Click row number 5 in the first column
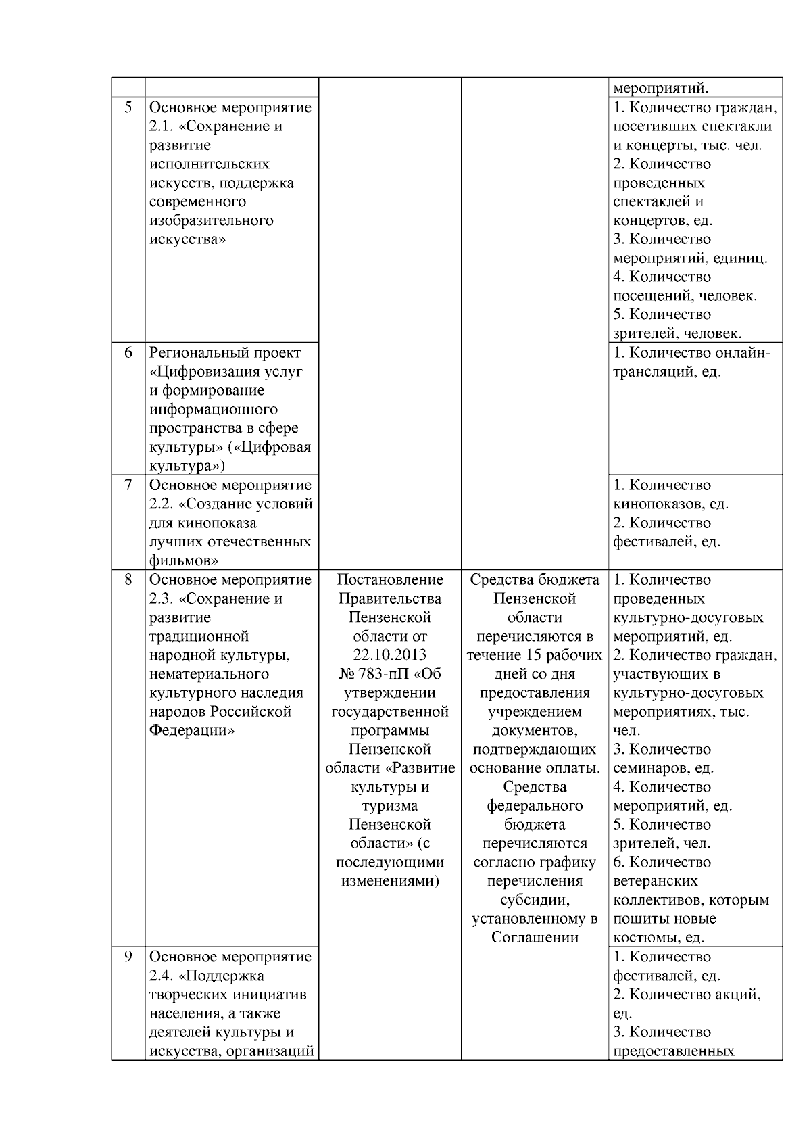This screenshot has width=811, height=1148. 128,107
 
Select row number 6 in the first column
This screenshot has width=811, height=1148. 128,352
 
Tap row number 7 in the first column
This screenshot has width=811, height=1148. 128,485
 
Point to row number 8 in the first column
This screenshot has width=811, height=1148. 128,579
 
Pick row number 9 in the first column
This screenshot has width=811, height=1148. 128,957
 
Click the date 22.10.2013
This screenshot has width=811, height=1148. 390,654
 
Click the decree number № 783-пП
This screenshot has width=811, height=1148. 371,673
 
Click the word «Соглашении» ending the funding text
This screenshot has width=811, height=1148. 535,937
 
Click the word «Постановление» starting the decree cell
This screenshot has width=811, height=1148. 390,579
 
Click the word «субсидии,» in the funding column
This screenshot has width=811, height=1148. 535,900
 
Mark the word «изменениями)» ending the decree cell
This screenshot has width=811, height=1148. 390,881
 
